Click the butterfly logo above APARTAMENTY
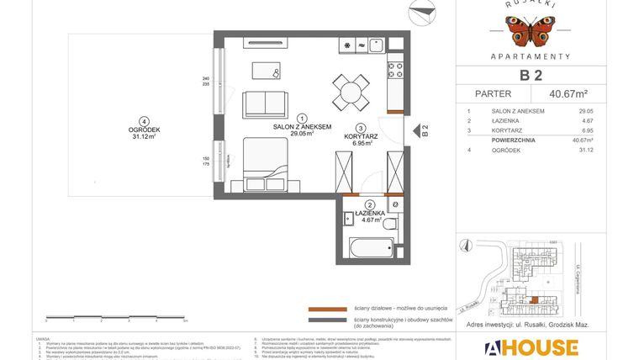coord(530,32)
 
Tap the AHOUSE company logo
coord(530,347)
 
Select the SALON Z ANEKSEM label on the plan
coord(302,127)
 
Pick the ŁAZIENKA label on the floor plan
coord(369,214)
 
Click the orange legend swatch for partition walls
coord(327,309)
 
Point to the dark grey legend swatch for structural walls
coord(327,320)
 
